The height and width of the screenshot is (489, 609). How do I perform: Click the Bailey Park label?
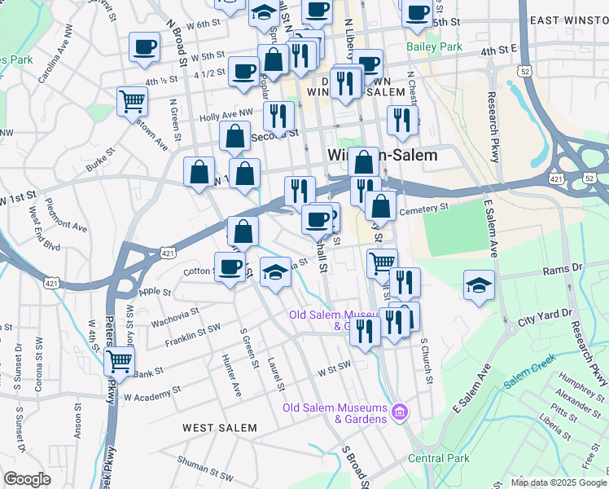tap(435, 46)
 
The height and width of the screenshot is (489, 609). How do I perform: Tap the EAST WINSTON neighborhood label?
tap(568, 20)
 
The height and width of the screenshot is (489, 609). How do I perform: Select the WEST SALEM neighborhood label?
tap(219, 427)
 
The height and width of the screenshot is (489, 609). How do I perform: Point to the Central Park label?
tap(438, 458)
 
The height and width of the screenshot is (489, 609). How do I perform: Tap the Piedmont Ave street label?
tap(66, 215)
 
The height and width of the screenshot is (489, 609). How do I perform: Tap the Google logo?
tap(28, 479)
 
